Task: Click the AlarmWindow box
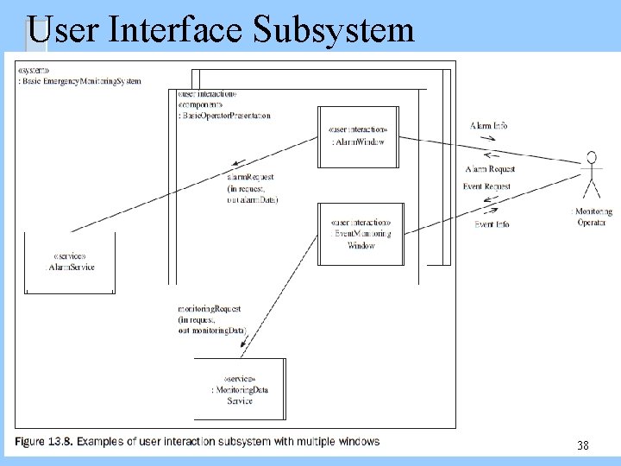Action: coord(357,136)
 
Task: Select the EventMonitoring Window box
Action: coord(361,234)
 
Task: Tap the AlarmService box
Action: coord(70,262)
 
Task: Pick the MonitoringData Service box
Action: coord(240,389)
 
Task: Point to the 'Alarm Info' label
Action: coord(488,126)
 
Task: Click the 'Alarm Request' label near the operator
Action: coord(490,169)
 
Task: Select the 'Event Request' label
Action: coord(486,186)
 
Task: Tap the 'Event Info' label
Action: coord(492,224)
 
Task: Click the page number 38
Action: coord(583,445)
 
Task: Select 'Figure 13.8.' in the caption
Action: coord(43,442)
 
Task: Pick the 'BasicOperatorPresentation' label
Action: coord(224,115)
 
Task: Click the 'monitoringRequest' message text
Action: coord(209,308)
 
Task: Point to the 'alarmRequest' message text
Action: coord(250,178)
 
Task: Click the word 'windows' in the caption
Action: coord(357,442)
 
